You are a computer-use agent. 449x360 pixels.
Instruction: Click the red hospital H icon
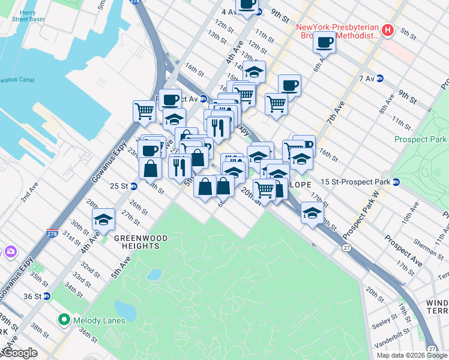[x=388, y=30]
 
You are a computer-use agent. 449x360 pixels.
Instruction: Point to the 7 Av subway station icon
[x=379, y=79]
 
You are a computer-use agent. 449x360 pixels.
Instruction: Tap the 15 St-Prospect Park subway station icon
[x=396, y=182]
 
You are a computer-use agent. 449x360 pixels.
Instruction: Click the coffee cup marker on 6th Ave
[x=325, y=43]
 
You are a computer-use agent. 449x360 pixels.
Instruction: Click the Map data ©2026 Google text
[x=411, y=355]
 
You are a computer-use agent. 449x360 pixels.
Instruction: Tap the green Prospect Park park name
[x=421, y=139]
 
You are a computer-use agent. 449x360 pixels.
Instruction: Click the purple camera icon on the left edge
[x=10, y=251]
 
